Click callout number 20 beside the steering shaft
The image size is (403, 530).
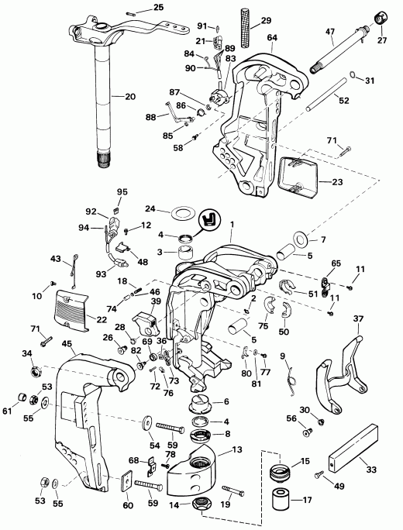click(x=129, y=96)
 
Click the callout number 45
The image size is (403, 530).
click(x=67, y=345)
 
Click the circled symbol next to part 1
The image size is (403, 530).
click(x=207, y=221)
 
